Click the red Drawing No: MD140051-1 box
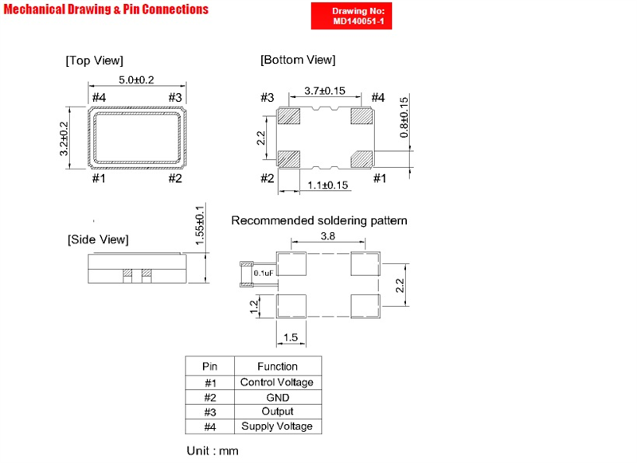pos(351,16)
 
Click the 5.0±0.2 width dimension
pos(136,80)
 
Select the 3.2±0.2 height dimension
pos(64,138)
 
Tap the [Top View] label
pos(94,60)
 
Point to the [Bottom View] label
pos(298,60)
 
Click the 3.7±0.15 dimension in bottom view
pos(325,91)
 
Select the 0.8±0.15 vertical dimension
pos(404,117)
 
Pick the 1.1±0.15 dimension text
pos(327,185)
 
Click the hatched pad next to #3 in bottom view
pos(289,116)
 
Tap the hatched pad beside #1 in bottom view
pos(361,159)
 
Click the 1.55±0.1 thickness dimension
pos(200,225)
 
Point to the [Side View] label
pos(98,239)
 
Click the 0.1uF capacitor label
pos(264,273)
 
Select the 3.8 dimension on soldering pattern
pos(328,235)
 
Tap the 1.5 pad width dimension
pos(291,337)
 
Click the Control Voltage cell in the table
pos(277,382)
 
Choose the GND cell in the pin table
pos(278,397)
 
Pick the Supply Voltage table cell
pos(277,426)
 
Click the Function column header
pos(277,367)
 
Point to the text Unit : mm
pos(213,451)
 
